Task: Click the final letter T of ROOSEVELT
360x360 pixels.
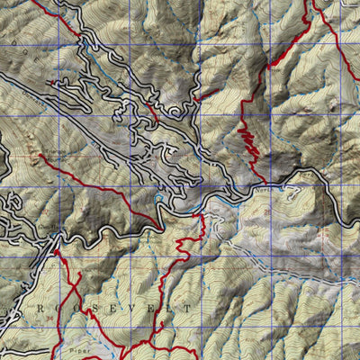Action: pos(188,309)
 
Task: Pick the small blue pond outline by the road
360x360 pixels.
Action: pos(159,195)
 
